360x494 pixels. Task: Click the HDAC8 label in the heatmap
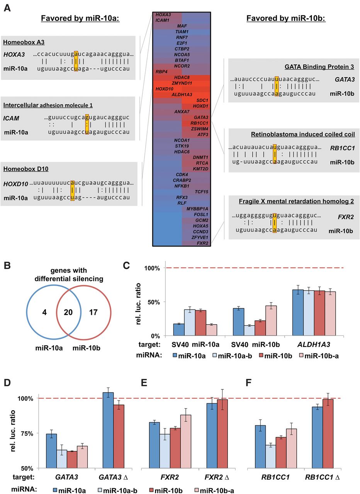pyautogui.click(x=182, y=78)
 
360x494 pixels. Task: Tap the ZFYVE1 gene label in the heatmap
pyautogui.click(x=200, y=237)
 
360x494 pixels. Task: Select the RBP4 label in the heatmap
pyautogui.click(x=161, y=72)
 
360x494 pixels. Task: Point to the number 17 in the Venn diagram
pyautogui.click(x=93, y=312)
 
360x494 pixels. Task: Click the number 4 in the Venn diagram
pyautogui.click(x=44, y=312)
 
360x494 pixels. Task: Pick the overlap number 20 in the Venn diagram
pyautogui.click(x=68, y=312)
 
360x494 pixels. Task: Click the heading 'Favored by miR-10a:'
pyautogui.click(x=80, y=18)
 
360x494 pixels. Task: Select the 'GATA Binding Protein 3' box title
pyautogui.click(x=319, y=67)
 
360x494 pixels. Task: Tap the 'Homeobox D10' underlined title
pyautogui.click(x=26, y=169)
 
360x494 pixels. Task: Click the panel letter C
pyautogui.click(x=126, y=266)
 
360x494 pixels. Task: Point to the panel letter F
pyautogui.click(x=248, y=382)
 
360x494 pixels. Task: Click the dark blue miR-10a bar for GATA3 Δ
pyautogui.click(x=108, y=430)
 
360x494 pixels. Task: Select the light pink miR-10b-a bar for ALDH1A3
pyautogui.click(x=330, y=313)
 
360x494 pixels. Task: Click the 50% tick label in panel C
pyautogui.click(x=154, y=302)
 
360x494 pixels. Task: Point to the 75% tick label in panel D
pyautogui.click(x=27, y=433)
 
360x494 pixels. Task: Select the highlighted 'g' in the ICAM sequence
pyautogui.click(x=87, y=117)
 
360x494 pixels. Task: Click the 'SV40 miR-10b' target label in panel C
pyautogui.click(x=255, y=345)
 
